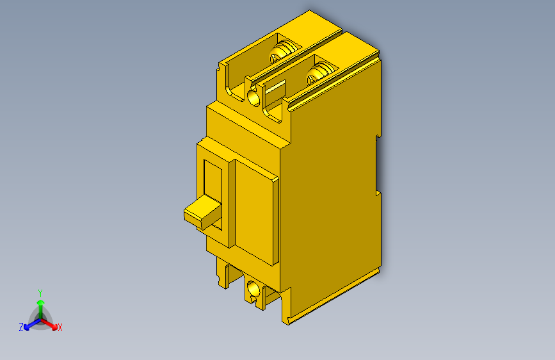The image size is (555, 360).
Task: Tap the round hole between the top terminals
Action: (253, 97)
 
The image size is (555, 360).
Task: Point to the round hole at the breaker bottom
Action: (253, 290)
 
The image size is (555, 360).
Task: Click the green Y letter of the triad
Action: (40, 292)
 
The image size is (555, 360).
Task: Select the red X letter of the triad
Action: (60, 327)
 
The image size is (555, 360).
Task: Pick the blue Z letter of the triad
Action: (21, 327)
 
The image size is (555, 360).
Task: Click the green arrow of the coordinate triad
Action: (40, 304)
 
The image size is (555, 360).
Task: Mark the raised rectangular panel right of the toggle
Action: (256, 211)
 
